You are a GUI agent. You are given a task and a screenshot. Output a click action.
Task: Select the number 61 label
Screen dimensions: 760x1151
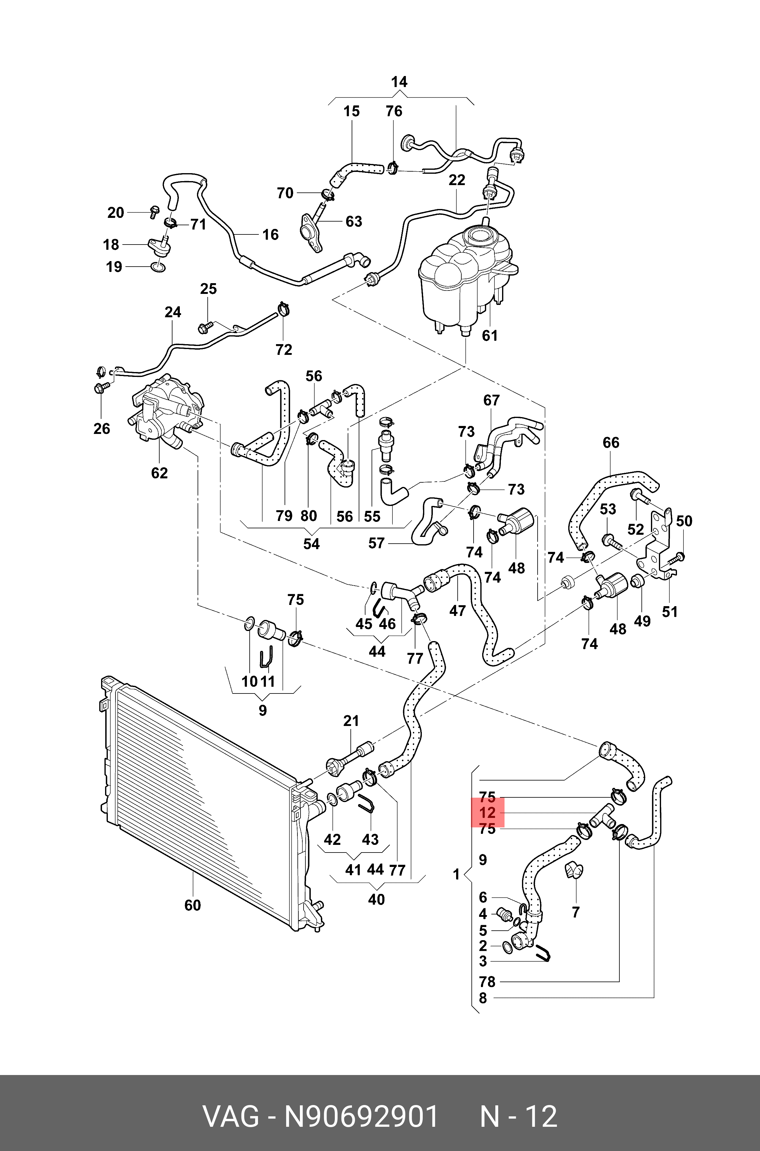490,336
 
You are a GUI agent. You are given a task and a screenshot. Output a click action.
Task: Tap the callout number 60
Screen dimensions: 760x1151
192,905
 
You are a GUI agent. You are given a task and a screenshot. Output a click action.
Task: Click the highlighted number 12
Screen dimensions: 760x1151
488,813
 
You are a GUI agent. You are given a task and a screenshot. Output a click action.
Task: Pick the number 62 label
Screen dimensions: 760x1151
160,473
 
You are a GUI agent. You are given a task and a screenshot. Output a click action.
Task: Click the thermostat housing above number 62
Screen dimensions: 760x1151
167,412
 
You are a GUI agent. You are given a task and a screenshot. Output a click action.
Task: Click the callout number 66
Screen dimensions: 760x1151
611,442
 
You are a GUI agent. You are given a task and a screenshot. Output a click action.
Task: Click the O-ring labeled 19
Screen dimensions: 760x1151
157,267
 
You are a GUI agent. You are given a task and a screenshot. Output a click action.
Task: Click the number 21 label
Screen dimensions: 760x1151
351,721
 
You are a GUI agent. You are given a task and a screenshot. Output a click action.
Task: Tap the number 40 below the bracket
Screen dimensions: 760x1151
376,899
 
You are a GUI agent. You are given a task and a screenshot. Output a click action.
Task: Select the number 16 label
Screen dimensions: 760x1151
270,235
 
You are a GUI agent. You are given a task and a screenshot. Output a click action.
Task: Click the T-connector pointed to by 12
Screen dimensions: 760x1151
603,817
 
